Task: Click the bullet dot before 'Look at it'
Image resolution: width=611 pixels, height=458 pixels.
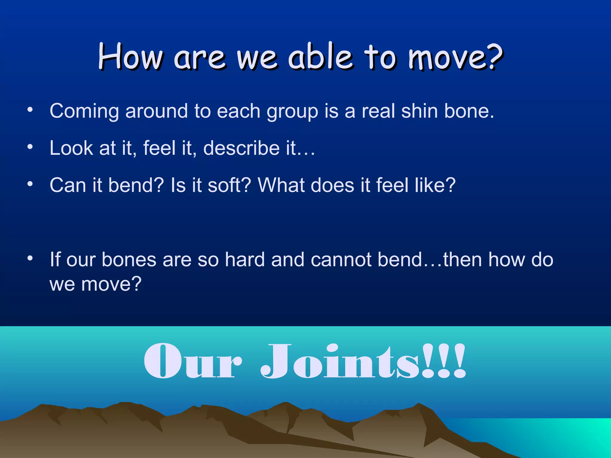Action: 30,147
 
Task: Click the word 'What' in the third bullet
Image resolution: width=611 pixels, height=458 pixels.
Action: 280,185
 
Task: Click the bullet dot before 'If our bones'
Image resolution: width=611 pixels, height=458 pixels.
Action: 30,258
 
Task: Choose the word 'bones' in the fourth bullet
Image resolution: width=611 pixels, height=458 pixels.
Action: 129,259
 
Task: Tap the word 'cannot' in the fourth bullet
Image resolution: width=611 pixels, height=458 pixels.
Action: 340,259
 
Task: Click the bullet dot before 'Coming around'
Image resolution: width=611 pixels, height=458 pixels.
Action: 30,110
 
